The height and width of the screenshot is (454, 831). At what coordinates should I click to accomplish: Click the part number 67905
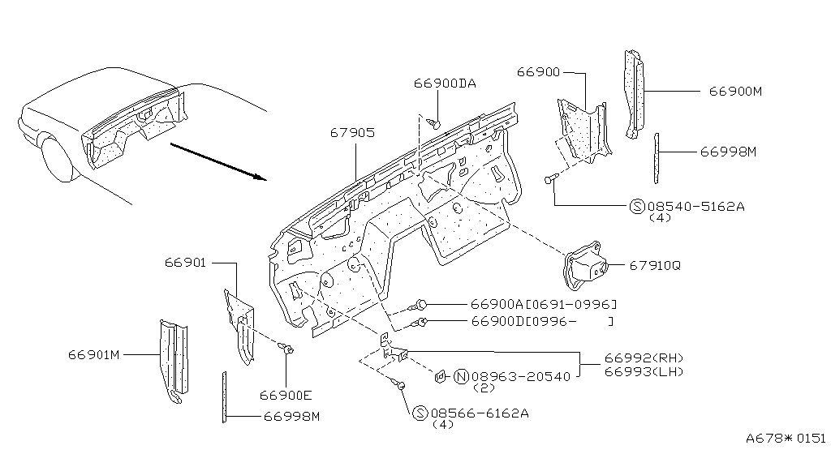(352, 132)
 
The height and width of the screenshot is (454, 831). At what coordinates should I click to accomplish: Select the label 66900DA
(445, 84)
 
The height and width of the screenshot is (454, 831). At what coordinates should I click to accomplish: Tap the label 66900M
(735, 92)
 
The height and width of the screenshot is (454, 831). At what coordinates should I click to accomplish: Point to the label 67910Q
(655, 265)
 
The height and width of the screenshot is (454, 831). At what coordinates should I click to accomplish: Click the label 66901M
(94, 355)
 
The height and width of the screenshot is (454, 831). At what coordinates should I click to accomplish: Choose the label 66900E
(286, 396)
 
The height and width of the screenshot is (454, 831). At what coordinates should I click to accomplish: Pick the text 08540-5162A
(695, 207)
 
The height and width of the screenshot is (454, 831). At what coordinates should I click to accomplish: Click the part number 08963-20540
(521, 377)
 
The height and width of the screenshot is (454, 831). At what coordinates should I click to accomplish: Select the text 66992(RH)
(644, 358)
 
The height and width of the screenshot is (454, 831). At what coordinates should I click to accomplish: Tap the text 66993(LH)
(644, 371)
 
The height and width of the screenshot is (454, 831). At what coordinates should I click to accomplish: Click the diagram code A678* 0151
(786, 438)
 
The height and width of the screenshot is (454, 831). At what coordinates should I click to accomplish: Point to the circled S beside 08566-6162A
(420, 413)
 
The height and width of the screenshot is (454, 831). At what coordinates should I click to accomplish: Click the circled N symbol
(461, 377)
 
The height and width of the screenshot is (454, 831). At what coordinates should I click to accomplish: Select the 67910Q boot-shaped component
(584, 266)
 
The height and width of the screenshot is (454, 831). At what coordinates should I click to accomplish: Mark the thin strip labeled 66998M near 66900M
(657, 159)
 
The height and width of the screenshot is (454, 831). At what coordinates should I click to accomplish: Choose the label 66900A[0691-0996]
(544, 304)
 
